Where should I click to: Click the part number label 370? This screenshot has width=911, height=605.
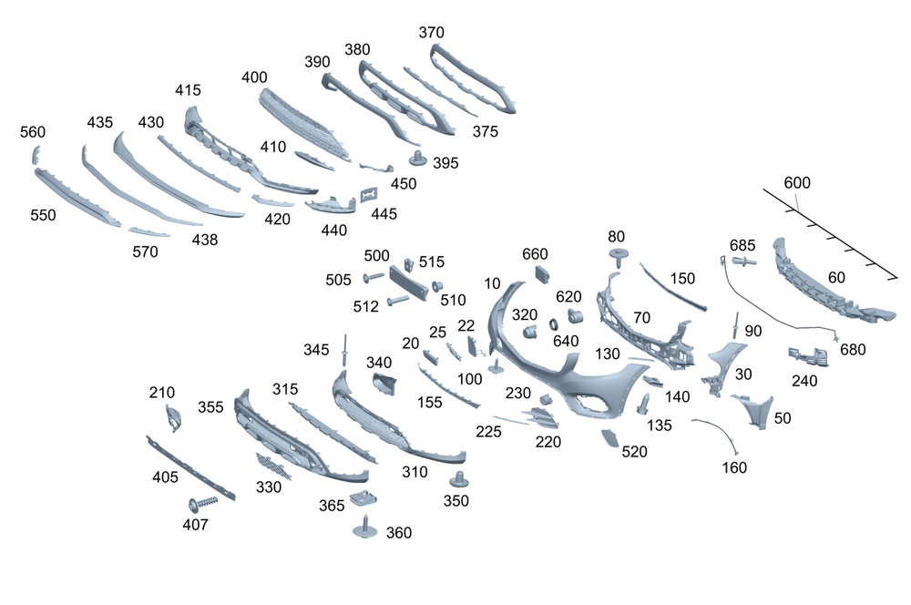coord(431,33)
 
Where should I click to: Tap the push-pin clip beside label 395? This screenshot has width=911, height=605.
coord(416,158)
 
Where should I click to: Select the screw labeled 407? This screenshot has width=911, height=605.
coord(203,502)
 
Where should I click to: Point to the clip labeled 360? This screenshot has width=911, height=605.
coord(365,528)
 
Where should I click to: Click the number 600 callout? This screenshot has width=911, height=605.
coord(796,182)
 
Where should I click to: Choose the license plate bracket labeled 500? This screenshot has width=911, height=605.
coord(408,282)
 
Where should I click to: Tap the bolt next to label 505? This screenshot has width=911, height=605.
coord(374,277)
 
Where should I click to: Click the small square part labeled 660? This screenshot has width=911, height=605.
coord(543,273)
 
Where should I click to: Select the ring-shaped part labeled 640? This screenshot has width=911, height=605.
coord(554,323)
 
